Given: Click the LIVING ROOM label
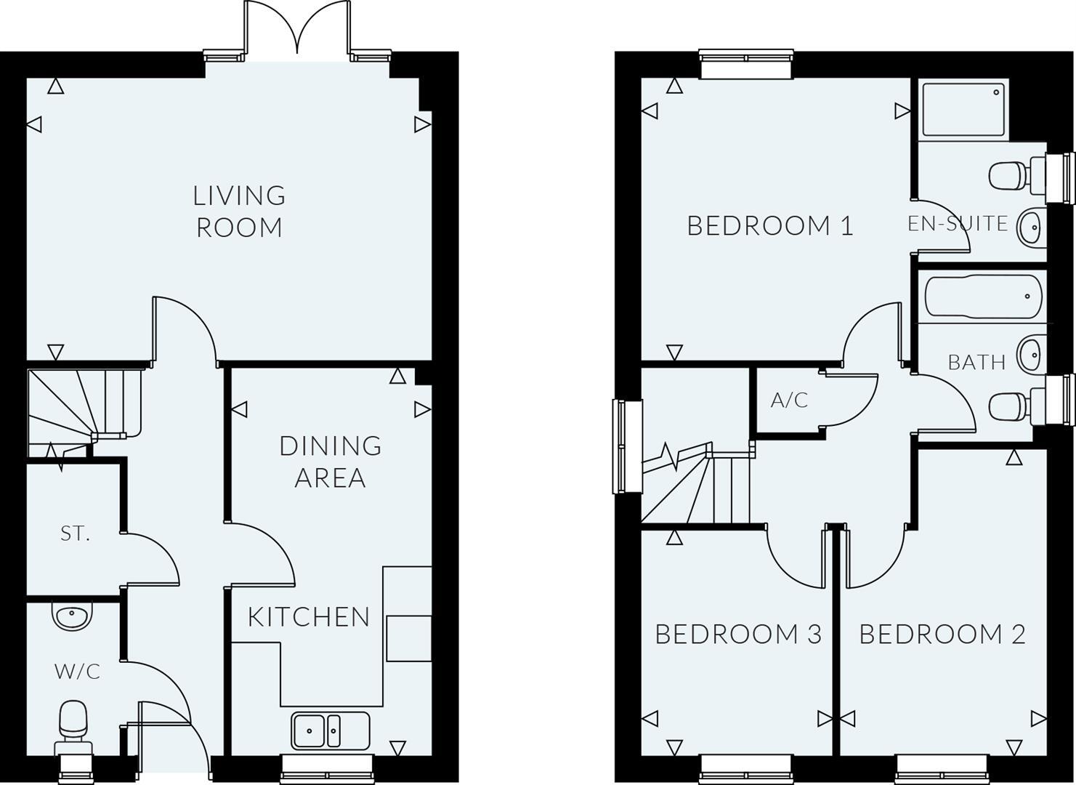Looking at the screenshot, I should [x=239, y=212].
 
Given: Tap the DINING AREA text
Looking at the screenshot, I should [x=331, y=462].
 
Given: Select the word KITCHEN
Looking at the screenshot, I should [x=309, y=617].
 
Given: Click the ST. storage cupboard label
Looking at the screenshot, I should [x=75, y=534].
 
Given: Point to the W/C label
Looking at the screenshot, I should [x=78, y=672].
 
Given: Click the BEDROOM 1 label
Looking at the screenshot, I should [x=770, y=226].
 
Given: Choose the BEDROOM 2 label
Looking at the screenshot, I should [x=942, y=635].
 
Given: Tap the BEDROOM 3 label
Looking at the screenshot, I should [x=738, y=635].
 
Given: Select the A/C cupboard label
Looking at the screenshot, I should [x=789, y=400].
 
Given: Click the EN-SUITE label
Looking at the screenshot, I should [x=958, y=224].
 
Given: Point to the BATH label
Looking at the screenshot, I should [x=976, y=362].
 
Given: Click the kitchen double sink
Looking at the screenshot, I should [x=331, y=730].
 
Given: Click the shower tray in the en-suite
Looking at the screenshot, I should [x=963, y=110].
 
